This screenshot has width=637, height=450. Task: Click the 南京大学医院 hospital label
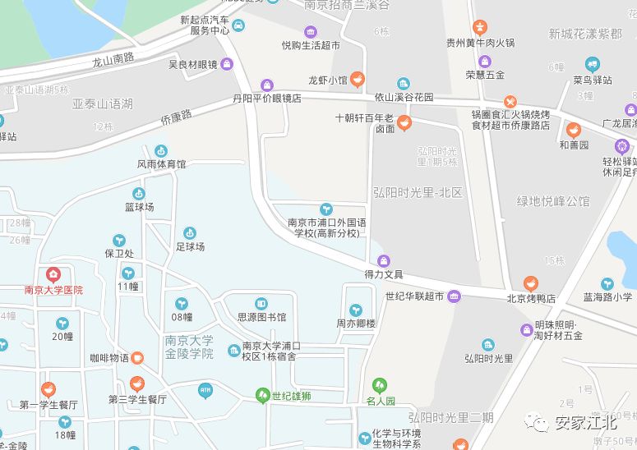coord(53,290)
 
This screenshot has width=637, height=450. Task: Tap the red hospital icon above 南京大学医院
coord(53,274)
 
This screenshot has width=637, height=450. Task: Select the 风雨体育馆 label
coord(161,164)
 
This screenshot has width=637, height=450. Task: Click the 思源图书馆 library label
coord(261,317)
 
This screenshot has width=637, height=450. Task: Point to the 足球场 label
coord(190,246)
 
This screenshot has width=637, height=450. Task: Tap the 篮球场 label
coord(139,207)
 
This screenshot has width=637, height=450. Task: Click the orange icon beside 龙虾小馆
coord(358,80)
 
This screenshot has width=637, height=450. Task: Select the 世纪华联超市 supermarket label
coord(414,296)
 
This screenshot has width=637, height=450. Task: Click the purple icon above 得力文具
coord(384,260)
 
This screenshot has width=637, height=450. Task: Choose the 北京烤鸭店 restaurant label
coord(531,299)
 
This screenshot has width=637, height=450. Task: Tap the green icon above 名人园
coord(380,384)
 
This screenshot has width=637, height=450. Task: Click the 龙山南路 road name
coord(113,59)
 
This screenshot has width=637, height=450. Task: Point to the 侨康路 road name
coord(175,119)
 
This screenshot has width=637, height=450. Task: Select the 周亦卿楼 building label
coord(355,324)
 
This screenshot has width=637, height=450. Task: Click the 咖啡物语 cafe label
coord(109,358)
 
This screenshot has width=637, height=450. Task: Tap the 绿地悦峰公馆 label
coord(552,201)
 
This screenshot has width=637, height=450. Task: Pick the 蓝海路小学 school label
coord(607,298)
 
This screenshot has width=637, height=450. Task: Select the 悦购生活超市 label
coord(311,45)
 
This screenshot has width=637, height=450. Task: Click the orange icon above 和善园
coord(574,130)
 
